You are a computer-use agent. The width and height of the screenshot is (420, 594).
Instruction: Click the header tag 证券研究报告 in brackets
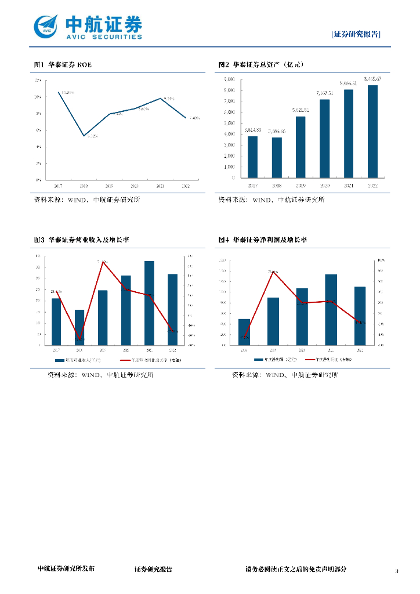[356, 34]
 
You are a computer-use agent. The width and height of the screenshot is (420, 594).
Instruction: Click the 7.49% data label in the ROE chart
[194, 118]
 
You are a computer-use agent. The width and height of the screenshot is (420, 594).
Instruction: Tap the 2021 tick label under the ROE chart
[160, 186]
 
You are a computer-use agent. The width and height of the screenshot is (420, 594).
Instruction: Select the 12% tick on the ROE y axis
[38, 80]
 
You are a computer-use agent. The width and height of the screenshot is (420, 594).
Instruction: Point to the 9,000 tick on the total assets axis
[229, 79]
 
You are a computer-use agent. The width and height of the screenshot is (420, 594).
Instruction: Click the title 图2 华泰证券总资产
[261, 65]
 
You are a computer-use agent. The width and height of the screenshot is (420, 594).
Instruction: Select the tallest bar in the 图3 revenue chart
[149, 303]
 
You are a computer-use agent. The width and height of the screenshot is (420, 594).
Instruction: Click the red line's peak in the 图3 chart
[103, 262]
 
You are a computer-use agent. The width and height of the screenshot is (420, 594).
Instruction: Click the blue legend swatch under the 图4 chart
[259, 360]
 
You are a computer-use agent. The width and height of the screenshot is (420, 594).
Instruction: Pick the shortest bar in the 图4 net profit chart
[244, 332]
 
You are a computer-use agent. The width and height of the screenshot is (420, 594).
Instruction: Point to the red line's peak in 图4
[273, 271]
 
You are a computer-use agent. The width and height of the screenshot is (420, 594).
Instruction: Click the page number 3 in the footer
[397, 572]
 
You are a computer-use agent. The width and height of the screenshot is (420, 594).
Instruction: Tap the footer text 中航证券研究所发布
[66, 569]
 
